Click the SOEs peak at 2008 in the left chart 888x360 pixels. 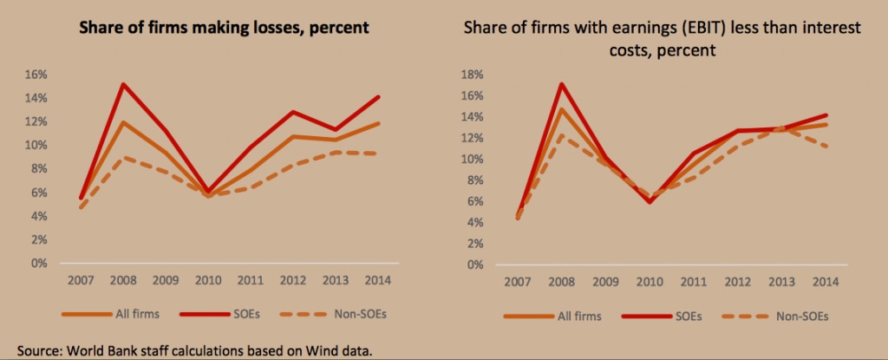coord(125,84)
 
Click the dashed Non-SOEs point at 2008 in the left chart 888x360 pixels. coord(125,157)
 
